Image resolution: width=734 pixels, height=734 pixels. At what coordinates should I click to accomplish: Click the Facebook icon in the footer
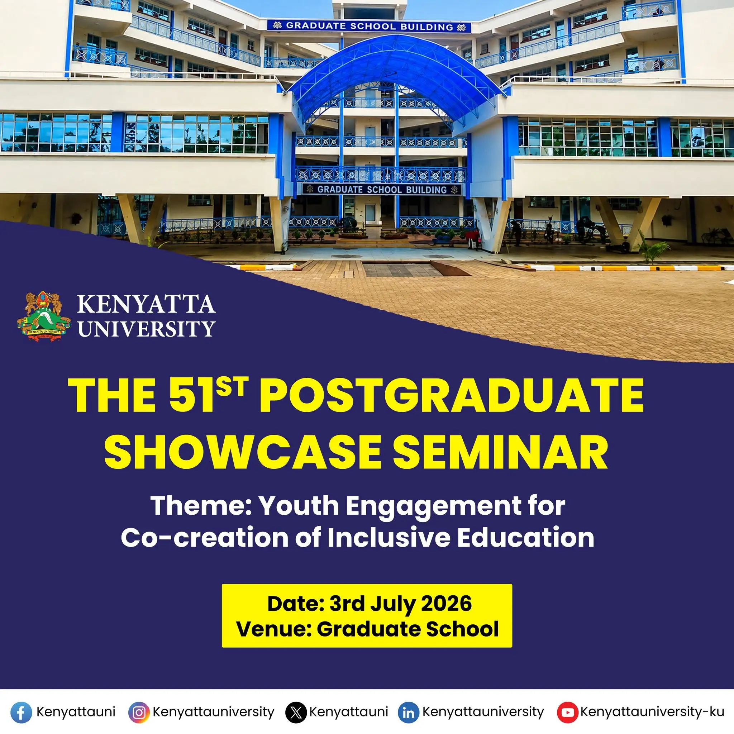point(21,712)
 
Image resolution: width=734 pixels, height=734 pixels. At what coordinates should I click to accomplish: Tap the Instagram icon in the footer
point(139,712)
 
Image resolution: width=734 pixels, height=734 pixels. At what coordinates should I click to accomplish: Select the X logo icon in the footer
point(296,712)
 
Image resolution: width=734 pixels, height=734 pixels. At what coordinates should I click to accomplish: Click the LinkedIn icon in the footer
point(409,712)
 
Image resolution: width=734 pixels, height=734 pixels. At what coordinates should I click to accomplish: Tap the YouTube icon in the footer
point(567,712)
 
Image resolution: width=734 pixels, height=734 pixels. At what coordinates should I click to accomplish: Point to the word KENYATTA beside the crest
point(147,304)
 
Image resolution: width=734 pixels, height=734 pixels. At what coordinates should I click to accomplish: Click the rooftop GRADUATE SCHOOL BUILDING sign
point(369,26)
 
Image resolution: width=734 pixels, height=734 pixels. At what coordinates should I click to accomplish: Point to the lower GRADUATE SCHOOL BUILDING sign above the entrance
point(382,189)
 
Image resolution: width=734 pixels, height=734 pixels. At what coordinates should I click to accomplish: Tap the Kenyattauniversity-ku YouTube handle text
point(652,711)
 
